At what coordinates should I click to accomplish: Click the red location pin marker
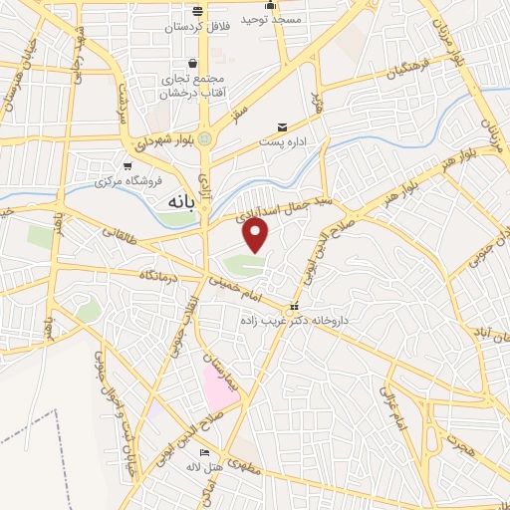click(256, 235)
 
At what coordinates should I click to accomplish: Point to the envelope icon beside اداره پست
click(283, 127)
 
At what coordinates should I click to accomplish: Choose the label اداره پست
click(281, 142)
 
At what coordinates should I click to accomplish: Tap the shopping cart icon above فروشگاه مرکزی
click(127, 165)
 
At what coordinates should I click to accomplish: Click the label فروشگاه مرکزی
click(121, 182)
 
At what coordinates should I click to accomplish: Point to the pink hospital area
click(217, 386)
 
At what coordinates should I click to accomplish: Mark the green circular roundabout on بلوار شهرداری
click(205, 138)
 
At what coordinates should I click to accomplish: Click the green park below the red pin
click(241, 264)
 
